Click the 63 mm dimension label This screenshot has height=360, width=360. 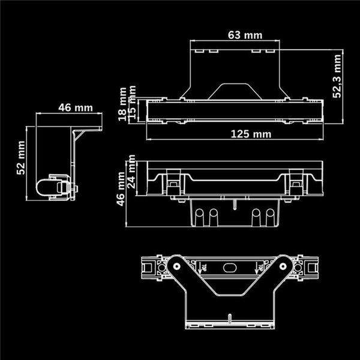(x=245, y=35)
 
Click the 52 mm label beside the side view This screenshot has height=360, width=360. (x=21, y=158)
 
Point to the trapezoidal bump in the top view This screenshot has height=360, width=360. (x=234, y=91)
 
